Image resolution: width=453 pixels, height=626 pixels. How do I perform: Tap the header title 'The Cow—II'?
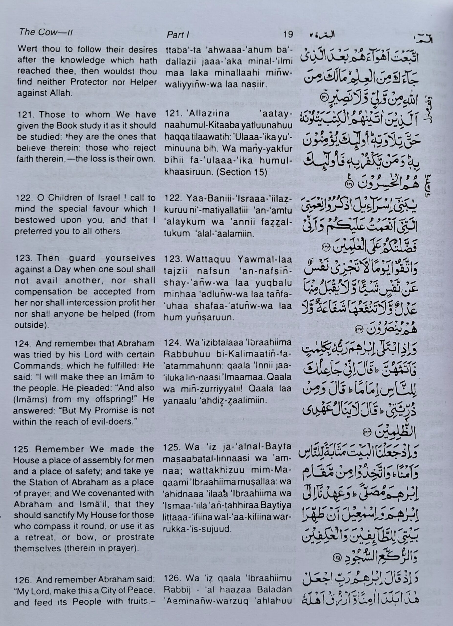pos(46,33)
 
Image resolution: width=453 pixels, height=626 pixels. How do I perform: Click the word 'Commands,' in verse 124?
pos(34,366)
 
